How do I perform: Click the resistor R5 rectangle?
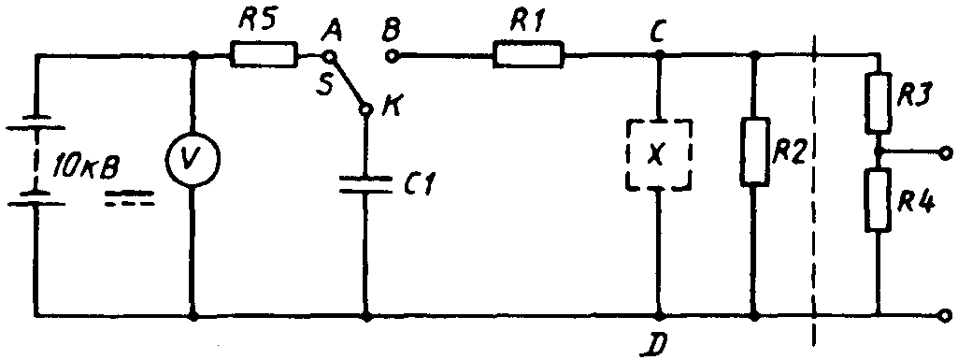[264, 55]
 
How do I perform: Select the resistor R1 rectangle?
[529, 55]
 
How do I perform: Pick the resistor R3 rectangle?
[878, 103]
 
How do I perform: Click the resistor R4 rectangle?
[878, 200]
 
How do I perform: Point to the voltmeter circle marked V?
[193, 159]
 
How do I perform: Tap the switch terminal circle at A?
[329, 57]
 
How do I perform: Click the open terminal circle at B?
[391, 57]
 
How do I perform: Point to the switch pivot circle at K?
[366, 110]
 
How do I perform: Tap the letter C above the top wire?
[658, 30]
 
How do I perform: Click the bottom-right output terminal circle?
[947, 315]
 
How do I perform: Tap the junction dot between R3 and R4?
[878, 151]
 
